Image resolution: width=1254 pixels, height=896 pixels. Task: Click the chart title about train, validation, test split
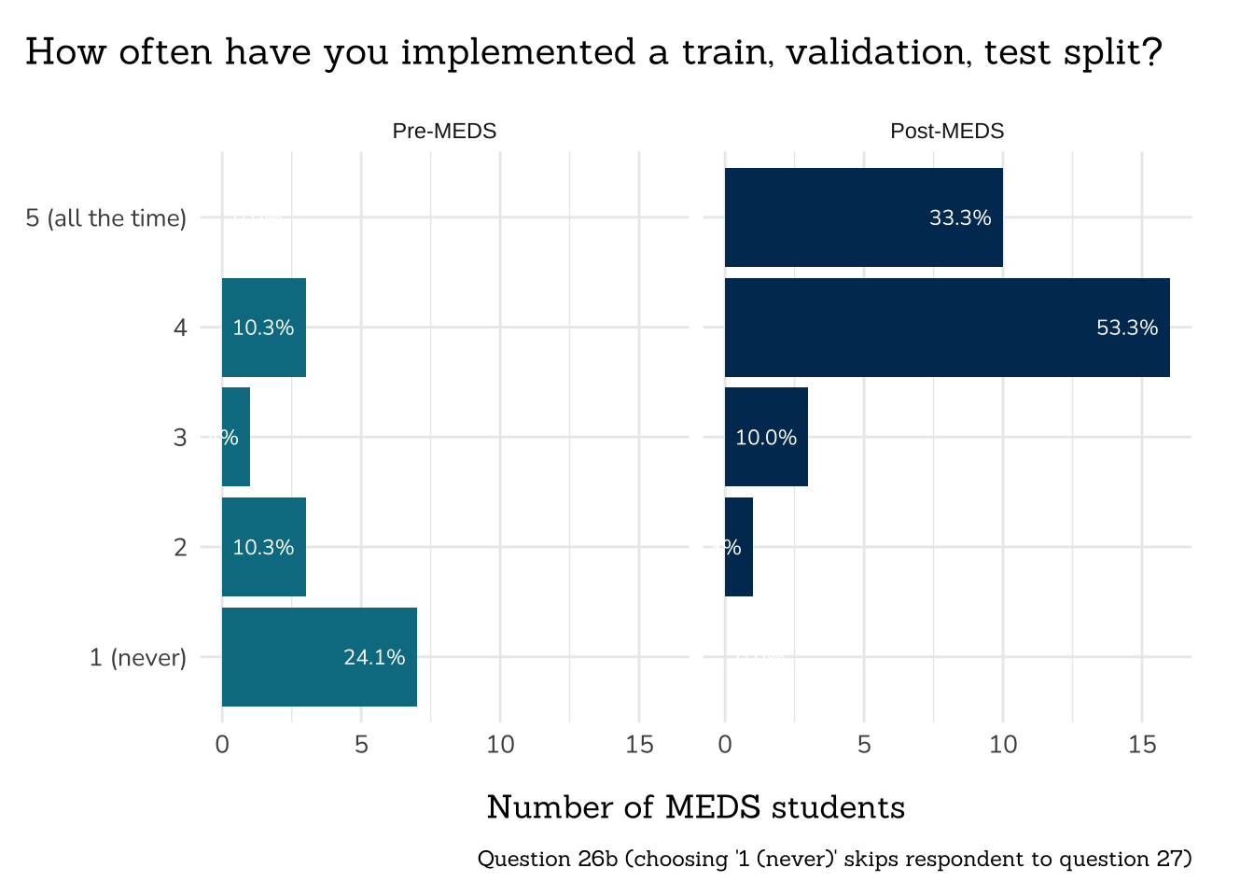click(593, 52)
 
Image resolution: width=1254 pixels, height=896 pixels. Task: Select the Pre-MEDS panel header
click(444, 132)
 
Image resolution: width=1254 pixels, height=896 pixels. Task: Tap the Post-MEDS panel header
click(947, 132)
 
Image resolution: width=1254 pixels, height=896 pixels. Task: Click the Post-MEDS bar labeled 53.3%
click(946, 328)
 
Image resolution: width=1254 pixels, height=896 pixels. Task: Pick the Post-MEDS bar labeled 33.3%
click(863, 217)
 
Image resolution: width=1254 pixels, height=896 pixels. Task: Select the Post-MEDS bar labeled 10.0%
click(766, 437)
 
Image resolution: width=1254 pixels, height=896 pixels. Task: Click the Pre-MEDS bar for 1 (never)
click(319, 657)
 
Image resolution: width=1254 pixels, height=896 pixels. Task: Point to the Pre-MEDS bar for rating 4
click(264, 328)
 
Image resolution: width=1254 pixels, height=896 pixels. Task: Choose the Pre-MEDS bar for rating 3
click(236, 437)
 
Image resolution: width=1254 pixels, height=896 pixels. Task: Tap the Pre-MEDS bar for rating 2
click(264, 547)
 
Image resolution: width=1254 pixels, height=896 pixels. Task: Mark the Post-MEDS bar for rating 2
click(739, 547)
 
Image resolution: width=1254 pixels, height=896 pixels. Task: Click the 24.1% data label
click(374, 657)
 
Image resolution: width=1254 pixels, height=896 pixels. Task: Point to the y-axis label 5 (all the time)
click(105, 218)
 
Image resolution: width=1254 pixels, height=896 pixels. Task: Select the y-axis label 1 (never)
click(137, 658)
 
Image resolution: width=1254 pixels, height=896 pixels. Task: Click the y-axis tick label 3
click(180, 438)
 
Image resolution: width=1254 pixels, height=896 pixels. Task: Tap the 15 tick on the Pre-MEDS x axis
click(639, 745)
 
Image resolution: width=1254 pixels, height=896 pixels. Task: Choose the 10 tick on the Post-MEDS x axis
click(1003, 745)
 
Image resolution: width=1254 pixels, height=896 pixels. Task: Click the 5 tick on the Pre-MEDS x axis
click(361, 745)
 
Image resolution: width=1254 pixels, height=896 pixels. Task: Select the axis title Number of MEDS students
click(696, 807)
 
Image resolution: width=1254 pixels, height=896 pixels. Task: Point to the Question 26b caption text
click(834, 859)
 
